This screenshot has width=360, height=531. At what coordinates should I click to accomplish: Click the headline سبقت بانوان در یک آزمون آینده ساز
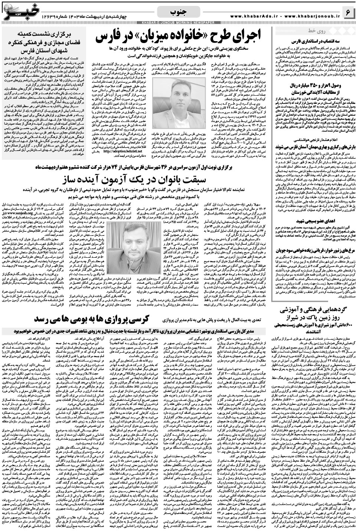[x=180, y=179]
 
